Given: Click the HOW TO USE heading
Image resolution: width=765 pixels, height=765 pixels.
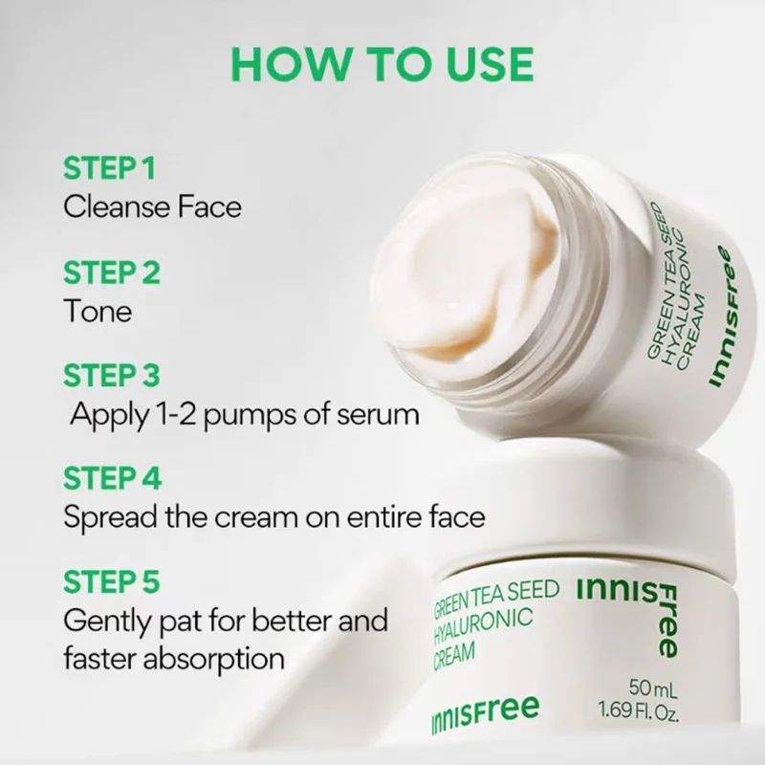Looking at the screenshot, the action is (382, 64).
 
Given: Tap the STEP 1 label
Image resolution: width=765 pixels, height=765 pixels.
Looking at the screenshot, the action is (109, 168).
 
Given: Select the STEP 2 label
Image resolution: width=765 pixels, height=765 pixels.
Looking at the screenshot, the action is (112, 273).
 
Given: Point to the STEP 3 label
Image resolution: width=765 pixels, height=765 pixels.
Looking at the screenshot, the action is (112, 375).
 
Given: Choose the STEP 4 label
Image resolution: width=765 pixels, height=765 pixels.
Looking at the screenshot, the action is (112, 478).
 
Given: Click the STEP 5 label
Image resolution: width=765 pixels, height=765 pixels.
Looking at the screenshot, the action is (112, 581).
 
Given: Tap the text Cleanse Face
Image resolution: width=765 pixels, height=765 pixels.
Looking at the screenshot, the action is (153, 207).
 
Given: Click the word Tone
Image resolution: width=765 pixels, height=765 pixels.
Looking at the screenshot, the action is (98, 311).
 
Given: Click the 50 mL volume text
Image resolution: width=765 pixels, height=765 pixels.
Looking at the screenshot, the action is (653, 688).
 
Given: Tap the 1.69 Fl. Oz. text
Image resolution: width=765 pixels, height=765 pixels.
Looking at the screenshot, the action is (639, 710).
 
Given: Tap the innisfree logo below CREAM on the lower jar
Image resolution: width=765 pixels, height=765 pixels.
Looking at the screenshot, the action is (485, 713).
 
